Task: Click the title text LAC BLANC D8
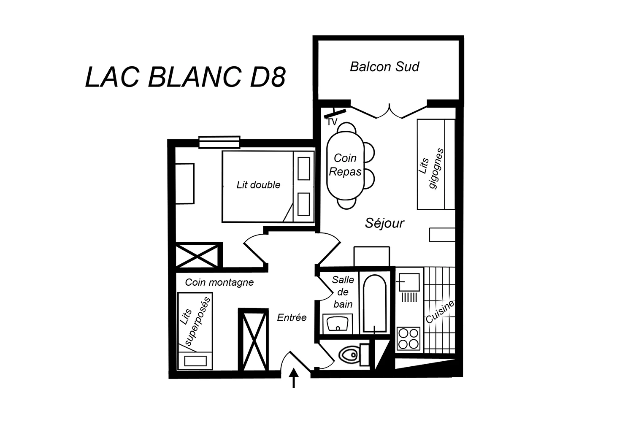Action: point(185,77)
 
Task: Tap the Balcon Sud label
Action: point(384,67)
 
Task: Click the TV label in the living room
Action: point(332,122)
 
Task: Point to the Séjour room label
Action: point(384,223)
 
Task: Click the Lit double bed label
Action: point(258,185)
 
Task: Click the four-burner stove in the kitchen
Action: point(408,338)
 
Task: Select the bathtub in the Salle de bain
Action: point(374,303)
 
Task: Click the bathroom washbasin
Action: point(338,324)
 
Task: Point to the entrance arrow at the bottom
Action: point(294,378)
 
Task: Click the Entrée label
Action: point(292,318)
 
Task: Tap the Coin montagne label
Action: point(219,282)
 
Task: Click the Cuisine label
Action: point(440,312)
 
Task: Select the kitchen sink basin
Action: point(409,282)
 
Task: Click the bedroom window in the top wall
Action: point(219,142)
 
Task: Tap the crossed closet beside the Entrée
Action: point(254,339)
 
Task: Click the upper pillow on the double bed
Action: point(304,168)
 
